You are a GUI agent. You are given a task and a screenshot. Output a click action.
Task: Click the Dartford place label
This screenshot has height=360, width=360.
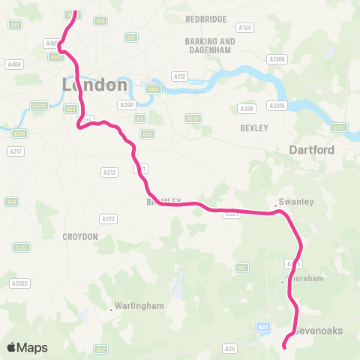click(x=311, y=150)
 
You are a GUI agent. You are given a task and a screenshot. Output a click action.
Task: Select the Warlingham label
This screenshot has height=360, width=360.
click(x=138, y=306)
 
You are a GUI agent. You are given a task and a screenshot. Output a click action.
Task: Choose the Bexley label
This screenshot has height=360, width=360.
click(x=254, y=128)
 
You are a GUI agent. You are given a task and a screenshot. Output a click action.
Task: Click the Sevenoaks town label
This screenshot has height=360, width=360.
click(x=318, y=330)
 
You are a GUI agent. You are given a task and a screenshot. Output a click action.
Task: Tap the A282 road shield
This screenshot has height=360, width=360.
click(x=339, y=127)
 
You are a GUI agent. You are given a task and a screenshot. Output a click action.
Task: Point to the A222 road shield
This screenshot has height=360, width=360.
click(x=108, y=218)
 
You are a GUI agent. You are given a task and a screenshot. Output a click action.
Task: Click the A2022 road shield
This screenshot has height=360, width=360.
click(x=19, y=283)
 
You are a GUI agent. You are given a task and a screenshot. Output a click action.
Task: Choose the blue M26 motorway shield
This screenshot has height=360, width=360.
click(x=262, y=326)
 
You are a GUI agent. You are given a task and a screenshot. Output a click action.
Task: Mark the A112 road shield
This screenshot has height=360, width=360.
click(x=179, y=76)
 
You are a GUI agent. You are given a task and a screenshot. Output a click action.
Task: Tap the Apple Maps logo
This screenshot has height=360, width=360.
click(x=27, y=347)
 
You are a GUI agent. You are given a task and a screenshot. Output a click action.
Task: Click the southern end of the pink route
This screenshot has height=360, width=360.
click(x=284, y=346)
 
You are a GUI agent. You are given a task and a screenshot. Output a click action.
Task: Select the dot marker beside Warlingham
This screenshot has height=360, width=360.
click(x=112, y=308)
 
